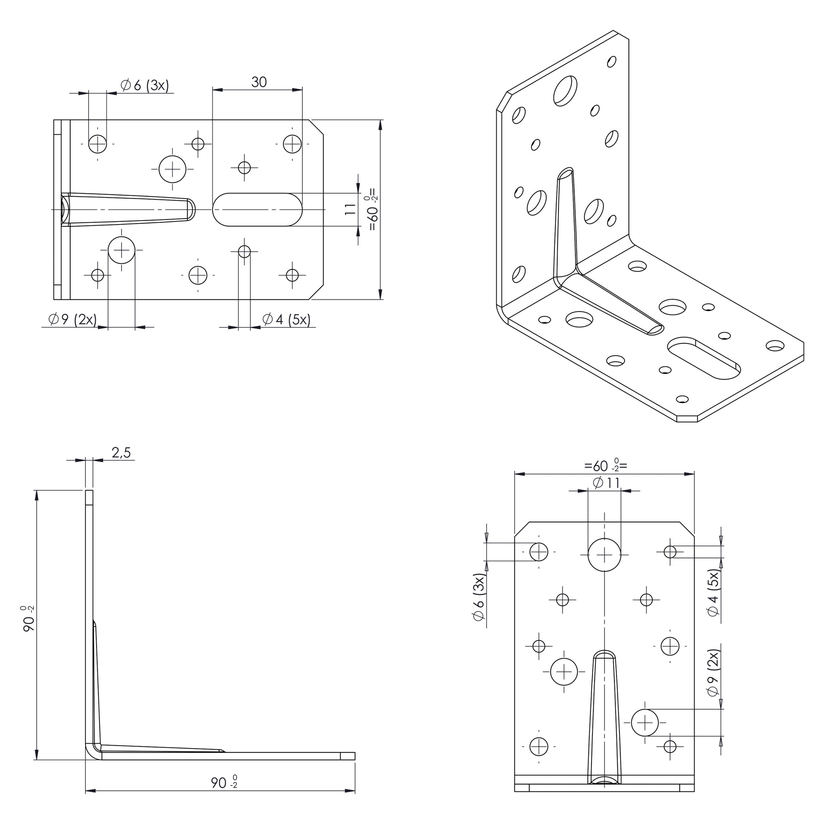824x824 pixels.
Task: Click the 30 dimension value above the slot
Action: pyautogui.click(x=259, y=81)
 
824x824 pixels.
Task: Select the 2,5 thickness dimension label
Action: pyautogui.click(x=121, y=453)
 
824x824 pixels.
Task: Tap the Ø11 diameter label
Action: pyautogui.click(x=606, y=483)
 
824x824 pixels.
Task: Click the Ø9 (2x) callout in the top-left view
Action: pyautogui.click(x=72, y=319)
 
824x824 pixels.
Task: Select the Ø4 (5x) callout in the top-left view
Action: pyautogui.click(x=286, y=319)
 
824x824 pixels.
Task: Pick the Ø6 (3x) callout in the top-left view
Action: pyautogui.click(x=144, y=85)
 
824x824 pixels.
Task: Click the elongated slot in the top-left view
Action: pyautogui.click(x=257, y=210)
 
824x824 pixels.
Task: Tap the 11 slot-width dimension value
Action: pyautogui.click(x=350, y=209)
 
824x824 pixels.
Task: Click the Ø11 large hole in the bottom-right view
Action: pyautogui.click(x=604, y=554)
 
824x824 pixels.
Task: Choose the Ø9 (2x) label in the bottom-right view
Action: pyautogui.click(x=713, y=674)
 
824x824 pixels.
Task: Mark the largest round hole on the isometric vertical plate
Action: pyautogui.click(x=565, y=91)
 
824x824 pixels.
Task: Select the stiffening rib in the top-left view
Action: pyautogui.click(x=128, y=210)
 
